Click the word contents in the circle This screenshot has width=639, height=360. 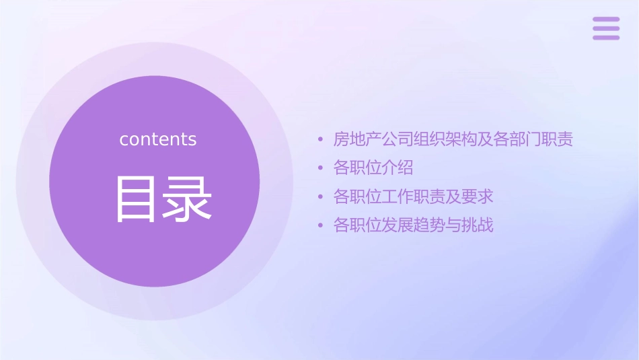[x=158, y=139]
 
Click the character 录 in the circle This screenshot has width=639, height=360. [x=188, y=199]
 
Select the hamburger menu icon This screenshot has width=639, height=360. [x=606, y=28]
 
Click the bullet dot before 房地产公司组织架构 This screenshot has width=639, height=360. [x=321, y=141]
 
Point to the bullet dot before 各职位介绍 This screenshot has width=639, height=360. [x=321, y=168]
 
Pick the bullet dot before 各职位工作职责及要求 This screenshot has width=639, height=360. [x=321, y=197]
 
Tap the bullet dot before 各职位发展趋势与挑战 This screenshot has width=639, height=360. [x=321, y=225]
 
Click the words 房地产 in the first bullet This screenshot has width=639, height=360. [x=357, y=140]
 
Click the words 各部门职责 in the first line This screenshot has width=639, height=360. [x=533, y=140]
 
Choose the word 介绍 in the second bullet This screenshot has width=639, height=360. [x=397, y=168]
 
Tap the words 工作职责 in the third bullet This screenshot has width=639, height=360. [x=414, y=197]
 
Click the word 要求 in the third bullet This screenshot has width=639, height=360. [x=478, y=197]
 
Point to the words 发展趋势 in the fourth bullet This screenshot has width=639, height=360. [x=414, y=225]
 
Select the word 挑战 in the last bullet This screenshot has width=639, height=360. [x=478, y=225]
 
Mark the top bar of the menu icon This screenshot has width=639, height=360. [x=606, y=20]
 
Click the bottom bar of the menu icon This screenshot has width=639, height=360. [x=606, y=37]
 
